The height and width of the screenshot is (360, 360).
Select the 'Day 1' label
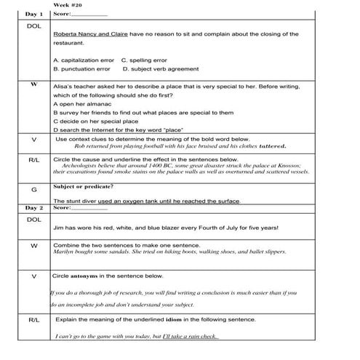(34, 13)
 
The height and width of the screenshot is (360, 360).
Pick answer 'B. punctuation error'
(81, 69)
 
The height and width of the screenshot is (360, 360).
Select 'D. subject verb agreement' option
(160, 69)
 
